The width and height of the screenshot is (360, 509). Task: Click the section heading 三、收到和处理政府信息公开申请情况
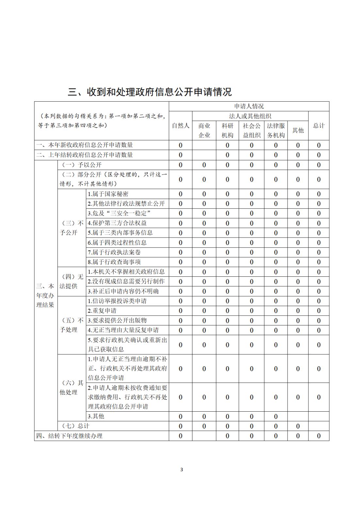pos(150,92)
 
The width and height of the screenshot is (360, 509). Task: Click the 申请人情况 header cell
pos(249,106)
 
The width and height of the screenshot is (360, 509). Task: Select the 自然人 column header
pos(180,126)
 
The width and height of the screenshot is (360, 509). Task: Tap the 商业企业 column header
pos(204,130)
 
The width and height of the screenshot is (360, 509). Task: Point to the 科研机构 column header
pos(227,130)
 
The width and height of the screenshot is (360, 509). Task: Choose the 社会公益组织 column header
pos(252,130)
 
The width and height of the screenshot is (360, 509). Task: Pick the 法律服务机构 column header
pos(276,130)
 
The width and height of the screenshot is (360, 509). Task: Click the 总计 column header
pos(319,126)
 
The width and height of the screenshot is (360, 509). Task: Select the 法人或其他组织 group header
pos(250,116)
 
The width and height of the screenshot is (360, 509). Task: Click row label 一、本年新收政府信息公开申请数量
pos(85,145)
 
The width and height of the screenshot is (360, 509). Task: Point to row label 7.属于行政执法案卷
pos(114,252)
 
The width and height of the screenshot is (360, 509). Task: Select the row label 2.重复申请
pos(102,311)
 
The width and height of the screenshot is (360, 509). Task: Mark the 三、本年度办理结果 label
pos(45,296)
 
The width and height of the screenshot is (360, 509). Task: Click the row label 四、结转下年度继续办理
pos(69,436)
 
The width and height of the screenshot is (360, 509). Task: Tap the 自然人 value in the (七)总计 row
pos(180,426)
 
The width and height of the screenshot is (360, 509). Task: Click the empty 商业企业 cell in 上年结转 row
pos(204,155)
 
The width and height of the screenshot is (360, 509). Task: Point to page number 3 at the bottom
pos(182,470)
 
